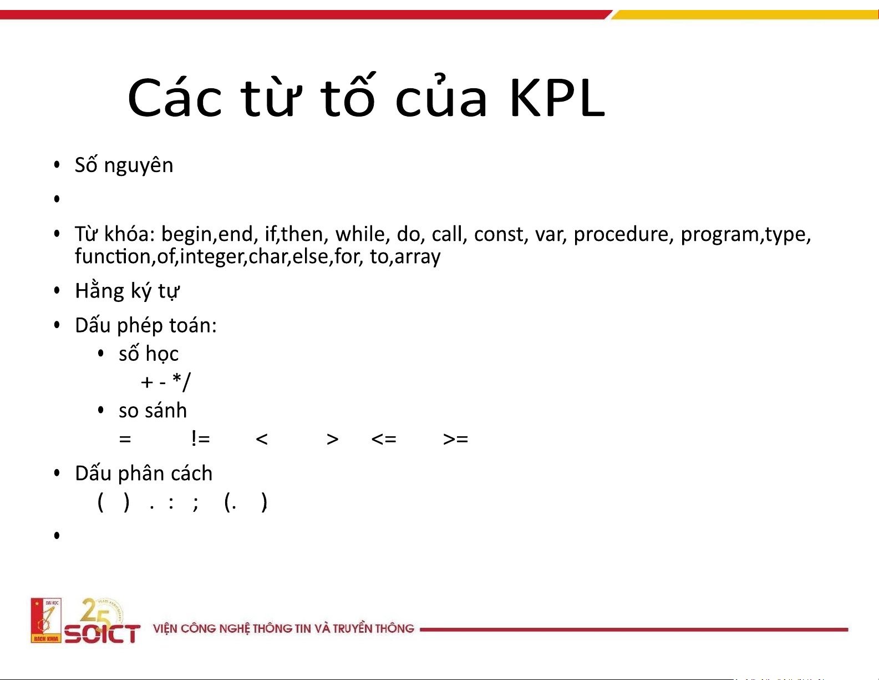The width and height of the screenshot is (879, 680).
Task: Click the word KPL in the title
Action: click(x=557, y=98)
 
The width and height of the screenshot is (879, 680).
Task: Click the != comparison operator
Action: click(x=201, y=439)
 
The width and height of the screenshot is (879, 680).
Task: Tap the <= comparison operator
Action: click(x=384, y=439)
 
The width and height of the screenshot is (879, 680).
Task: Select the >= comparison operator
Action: click(x=455, y=439)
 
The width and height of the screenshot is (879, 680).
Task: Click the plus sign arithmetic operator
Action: click(x=147, y=382)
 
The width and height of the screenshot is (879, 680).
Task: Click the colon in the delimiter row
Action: click(x=171, y=503)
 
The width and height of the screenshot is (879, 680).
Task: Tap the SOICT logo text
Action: click(x=103, y=634)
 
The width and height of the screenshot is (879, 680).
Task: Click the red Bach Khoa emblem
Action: click(x=46, y=620)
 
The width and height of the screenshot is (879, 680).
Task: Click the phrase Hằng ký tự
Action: click(x=128, y=291)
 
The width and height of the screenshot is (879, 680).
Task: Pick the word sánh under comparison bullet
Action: click(x=167, y=410)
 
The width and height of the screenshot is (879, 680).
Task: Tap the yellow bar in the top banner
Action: click(x=744, y=15)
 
